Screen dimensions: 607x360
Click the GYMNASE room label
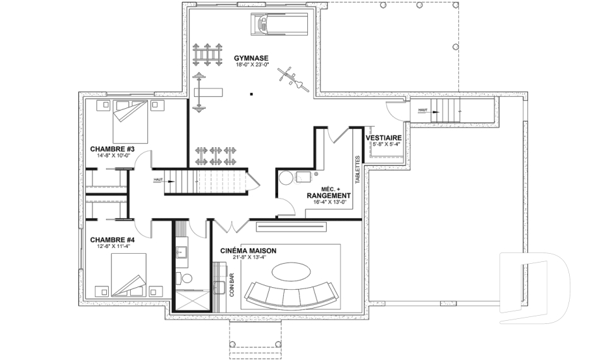(x=251, y=58)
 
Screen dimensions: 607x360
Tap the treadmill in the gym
(x=279, y=25)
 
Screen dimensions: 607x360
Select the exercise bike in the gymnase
(x=293, y=80)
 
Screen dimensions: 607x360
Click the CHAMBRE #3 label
(x=113, y=149)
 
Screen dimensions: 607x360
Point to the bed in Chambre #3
(x=130, y=121)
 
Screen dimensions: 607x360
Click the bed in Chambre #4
(x=129, y=275)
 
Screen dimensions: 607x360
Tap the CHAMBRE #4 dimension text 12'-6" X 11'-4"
(x=113, y=246)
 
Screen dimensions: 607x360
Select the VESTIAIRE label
(x=384, y=138)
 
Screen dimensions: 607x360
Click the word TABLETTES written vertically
(x=357, y=170)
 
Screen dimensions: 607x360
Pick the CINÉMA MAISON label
(x=248, y=251)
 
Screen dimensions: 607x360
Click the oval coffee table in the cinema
(x=291, y=271)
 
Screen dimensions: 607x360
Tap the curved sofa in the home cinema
(x=291, y=294)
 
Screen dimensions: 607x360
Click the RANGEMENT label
(x=329, y=196)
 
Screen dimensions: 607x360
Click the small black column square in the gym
(x=251, y=94)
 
